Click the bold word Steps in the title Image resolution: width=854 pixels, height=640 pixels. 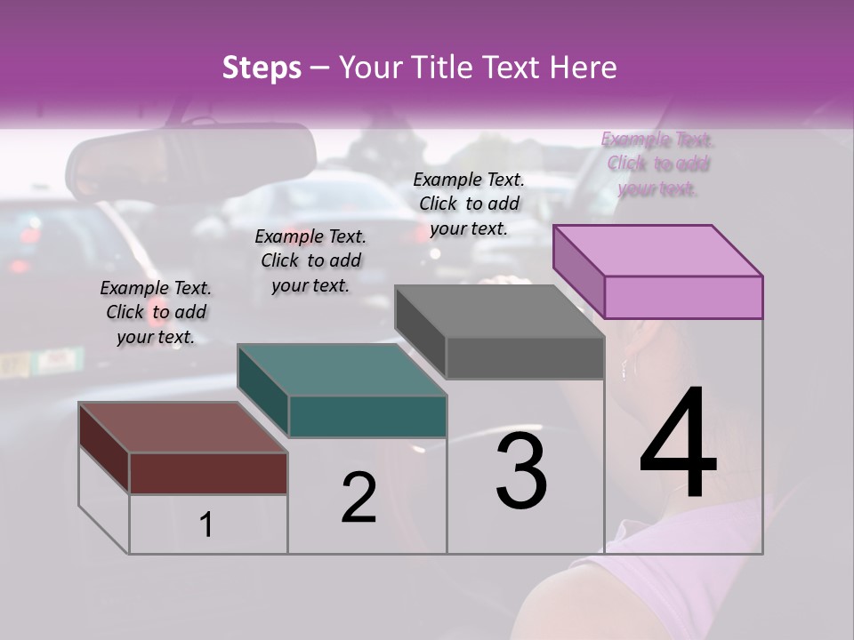[262, 68]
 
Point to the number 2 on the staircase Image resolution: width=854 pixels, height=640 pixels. [359, 499]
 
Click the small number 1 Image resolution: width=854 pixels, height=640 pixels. [206, 525]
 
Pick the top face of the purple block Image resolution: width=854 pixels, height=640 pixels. [657, 250]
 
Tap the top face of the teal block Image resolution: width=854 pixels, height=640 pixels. [342, 370]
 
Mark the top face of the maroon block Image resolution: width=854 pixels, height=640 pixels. [183, 428]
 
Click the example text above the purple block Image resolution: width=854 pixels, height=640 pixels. [657, 164]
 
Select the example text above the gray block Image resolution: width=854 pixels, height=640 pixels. [469, 204]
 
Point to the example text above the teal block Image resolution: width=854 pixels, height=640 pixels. [310, 260]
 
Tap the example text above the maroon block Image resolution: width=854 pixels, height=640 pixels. [156, 312]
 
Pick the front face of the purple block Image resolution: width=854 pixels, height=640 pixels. [683, 297]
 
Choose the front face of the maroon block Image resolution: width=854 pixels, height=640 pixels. [208, 473]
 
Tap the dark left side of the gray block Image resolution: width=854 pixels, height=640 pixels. [420, 332]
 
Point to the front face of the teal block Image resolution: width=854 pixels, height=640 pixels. [367, 416]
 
